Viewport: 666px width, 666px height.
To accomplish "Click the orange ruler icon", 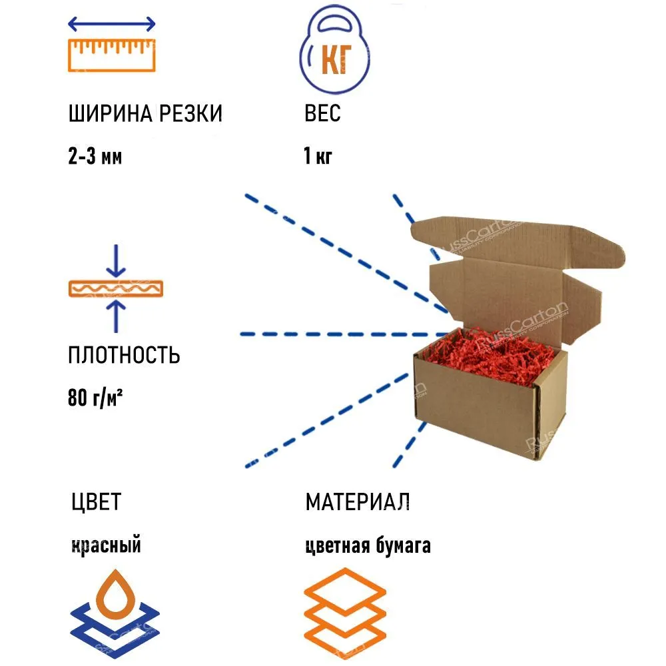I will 112,55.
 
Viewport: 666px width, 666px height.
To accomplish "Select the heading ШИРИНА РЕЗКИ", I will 145,114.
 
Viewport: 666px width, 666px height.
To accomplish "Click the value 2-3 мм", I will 95,157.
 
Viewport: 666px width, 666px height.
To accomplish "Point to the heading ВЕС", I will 322,114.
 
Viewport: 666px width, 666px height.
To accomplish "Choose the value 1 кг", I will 318,157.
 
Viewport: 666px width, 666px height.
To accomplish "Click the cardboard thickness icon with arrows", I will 117,288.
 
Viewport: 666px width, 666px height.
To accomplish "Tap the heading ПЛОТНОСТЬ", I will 124,355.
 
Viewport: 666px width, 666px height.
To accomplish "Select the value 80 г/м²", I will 97,399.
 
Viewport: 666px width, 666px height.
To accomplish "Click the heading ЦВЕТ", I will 96,501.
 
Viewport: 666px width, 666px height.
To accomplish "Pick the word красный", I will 106,545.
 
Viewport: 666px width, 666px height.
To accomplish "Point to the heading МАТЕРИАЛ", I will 358,501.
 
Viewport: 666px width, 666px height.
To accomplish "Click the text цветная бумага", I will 368,545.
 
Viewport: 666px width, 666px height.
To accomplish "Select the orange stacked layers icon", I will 344,611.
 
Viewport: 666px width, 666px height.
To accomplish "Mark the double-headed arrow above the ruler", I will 112,24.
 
